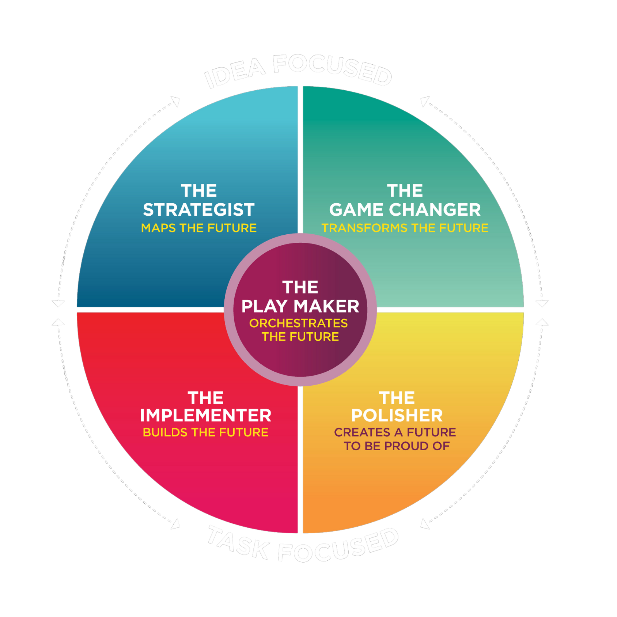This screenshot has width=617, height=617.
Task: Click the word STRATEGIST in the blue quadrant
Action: coord(198,210)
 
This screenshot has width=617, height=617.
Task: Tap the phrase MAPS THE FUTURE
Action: coord(198,228)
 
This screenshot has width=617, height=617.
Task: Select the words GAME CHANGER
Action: coord(405,210)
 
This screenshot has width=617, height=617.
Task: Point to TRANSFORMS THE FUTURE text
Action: coord(405,228)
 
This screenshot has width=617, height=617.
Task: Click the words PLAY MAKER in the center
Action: coord(300,306)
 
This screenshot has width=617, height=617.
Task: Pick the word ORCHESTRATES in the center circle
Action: coord(298,323)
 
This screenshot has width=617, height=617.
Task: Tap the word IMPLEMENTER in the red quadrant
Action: coord(205,416)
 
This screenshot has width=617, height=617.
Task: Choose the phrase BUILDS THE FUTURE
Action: coord(205,432)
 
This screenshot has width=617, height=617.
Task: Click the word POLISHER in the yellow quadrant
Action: coord(397,416)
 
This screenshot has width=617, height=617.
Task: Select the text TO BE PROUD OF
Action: coord(397,446)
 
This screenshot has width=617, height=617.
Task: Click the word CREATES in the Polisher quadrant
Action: coord(362,432)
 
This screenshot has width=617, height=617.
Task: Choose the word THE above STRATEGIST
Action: coord(198,191)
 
